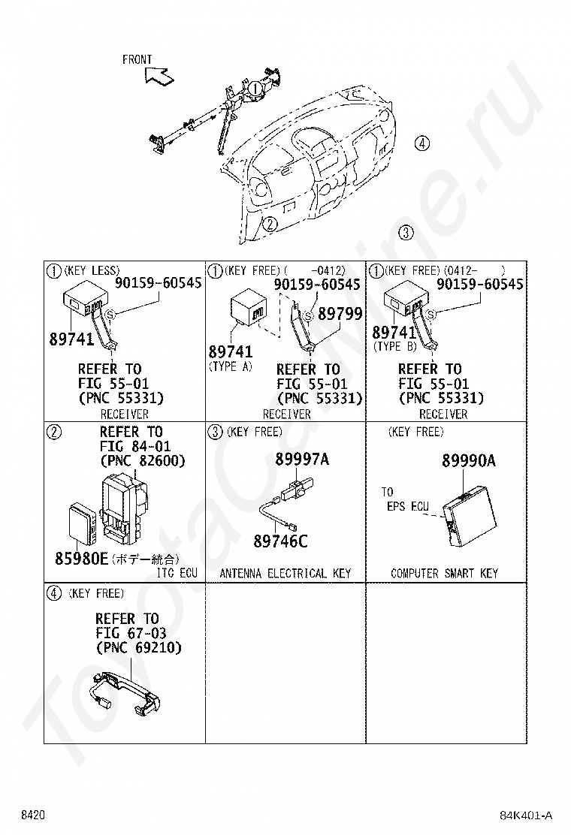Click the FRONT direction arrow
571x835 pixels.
pyautogui.click(x=158, y=74)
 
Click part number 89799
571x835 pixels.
pyautogui.click(x=340, y=315)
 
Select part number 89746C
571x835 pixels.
pyautogui.click(x=280, y=541)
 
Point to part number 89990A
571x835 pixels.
pyautogui.click(x=468, y=461)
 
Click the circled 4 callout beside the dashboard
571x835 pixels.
pyautogui.click(x=422, y=143)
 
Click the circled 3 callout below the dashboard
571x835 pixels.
pyautogui.click(x=406, y=232)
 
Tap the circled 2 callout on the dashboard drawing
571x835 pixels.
pyautogui.click(x=270, y=223)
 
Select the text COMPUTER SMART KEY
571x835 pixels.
pyautogui.click(x=444, y=574)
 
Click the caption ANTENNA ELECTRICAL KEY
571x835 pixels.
pyautogui.click(x=285, y=574)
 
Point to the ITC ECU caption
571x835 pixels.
pyautogui.click(x=177, y=574)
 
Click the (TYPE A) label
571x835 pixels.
pyautogui.click(x=230, y=366)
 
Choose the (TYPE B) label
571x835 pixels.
pyautogui.click(x=395, y=347)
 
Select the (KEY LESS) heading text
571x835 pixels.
pyautogui.click(x=92, y=270)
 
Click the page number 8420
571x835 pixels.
pyautogui.click(x=33, y=815)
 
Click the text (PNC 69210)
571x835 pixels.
pyautogui.click(x=138, y=648)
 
